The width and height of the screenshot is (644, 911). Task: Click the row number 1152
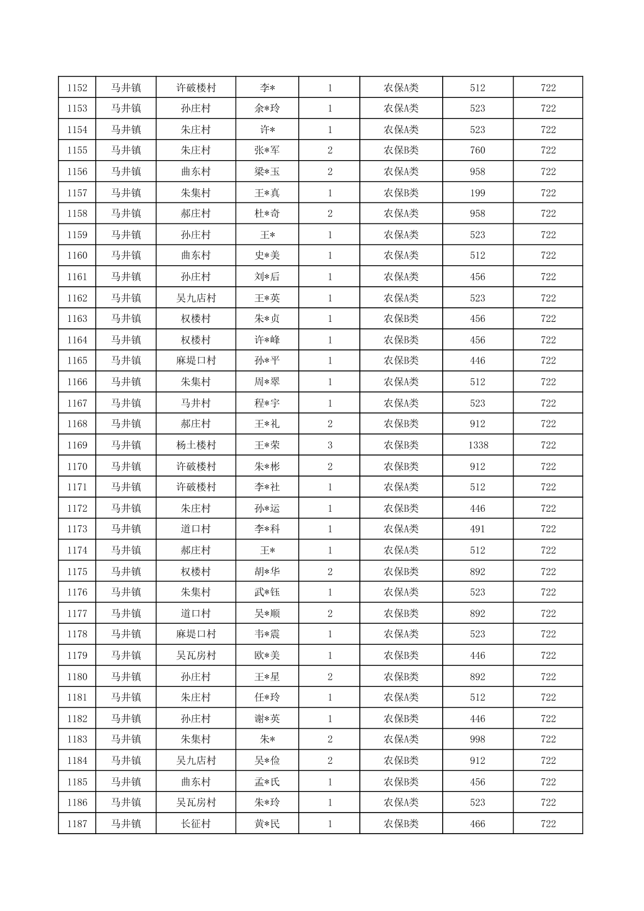[77, 88]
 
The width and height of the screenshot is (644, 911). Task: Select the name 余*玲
[267, 108]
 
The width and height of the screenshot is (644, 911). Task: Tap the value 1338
[478, 445]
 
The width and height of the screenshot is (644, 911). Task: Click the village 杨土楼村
[196, 445]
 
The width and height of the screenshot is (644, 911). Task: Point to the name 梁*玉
[267, 171]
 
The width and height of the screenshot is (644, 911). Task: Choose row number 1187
[77, 824]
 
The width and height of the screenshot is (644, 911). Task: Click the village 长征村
[196, 824]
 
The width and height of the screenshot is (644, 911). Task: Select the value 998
[478, 740]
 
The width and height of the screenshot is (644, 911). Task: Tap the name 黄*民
[267, 824]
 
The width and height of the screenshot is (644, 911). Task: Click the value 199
[478, 193]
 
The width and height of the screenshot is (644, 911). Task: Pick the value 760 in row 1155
[478, 150]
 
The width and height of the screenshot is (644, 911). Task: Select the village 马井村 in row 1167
[196, 403]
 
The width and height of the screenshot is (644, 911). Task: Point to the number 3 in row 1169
[330, 445]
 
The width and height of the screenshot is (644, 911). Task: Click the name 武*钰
[267, 592]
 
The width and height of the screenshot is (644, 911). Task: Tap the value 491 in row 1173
[478, 529]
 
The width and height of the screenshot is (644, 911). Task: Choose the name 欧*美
[267, 656]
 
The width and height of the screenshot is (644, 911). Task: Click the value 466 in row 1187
[478, 824]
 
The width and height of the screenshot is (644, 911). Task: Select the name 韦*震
[267, 634]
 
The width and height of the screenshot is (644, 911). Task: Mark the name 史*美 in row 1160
[267, 255]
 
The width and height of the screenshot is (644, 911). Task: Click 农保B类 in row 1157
[401, 193]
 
